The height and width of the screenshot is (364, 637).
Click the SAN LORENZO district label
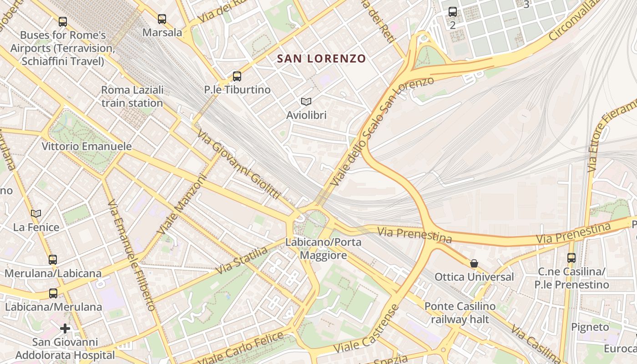point(321,58)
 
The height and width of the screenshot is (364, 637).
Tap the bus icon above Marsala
point(162,19)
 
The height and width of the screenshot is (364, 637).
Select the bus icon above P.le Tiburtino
point(237,76)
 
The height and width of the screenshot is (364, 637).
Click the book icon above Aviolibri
point(306,101)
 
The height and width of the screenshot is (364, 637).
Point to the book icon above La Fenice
point(36,213)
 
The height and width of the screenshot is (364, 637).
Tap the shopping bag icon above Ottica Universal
point(474,263)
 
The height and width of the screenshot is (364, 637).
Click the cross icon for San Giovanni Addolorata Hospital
point(65,328)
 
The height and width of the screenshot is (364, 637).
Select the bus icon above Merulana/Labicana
point(53,260)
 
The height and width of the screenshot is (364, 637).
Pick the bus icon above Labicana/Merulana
point(53,293)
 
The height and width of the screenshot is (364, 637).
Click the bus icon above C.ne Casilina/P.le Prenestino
point(571,258)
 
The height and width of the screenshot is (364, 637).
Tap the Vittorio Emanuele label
point(86,146)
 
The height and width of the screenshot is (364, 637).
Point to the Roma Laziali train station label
point(132,96)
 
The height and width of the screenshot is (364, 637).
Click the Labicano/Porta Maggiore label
point(323,248)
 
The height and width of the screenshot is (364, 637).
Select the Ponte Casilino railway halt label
point(460,313)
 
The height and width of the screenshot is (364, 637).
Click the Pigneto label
point(590,327)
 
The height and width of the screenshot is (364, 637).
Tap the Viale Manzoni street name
point(182,205)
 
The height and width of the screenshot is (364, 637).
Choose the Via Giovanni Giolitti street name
point(238,164)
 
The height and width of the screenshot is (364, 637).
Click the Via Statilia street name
point(241,260)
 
